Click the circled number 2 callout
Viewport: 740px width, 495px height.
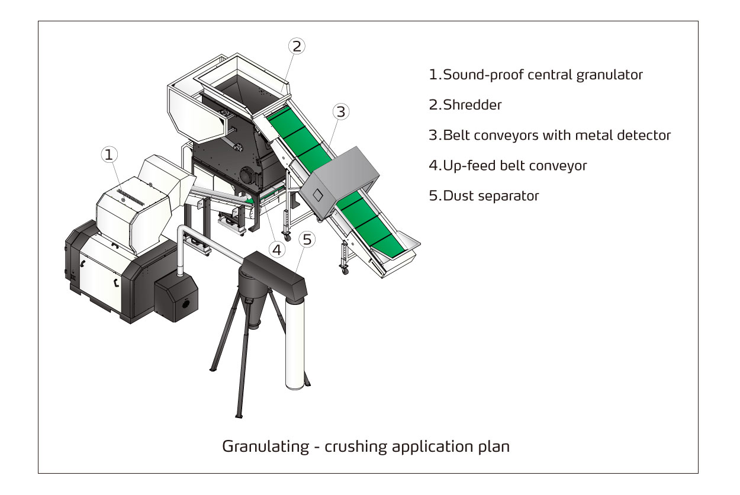pyautogui.click(x=297, y=46)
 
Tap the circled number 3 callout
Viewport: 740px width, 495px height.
pyautogui.click(x=340, y=111)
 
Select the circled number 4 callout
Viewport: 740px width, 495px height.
pyautogui.click(x=276, y=249)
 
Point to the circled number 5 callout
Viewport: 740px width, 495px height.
pyautogui.click(x=306, y=239)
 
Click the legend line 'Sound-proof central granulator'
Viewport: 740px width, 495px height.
pyautogui.click(x=536, y=75)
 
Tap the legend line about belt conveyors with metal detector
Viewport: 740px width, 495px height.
pyautogui.click(x=550, y=136)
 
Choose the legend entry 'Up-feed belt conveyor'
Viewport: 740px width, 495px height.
pyautogui.click(x=508, y=166)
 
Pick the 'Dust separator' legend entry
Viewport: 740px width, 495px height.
pyautogui.click(x=484, y=196)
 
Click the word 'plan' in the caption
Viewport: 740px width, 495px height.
pyautogui.click(x=496, y=446)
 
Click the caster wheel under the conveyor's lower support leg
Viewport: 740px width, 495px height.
pyautogui.click(x=344, y=271)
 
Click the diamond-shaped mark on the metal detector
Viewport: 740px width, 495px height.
pyautogui.click(x=318, y=194)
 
